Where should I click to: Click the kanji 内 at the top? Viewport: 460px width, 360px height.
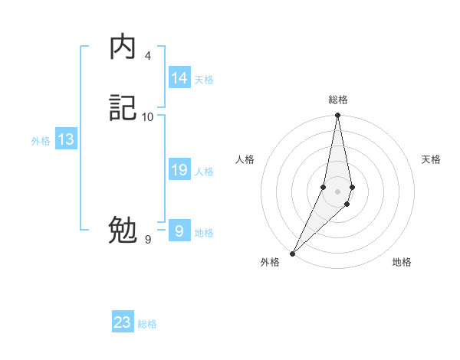(123, 47)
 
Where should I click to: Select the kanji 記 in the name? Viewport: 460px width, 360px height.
(123, 109)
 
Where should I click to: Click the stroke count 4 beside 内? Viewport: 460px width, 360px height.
(148, 56)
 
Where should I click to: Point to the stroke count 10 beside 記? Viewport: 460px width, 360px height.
(148, 116)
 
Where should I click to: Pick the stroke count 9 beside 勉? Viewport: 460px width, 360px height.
(148, 240)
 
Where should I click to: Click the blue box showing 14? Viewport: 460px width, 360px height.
(179, 78)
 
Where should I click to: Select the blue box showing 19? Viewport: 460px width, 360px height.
(179, 170)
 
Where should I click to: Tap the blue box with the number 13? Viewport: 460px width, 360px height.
(66, 139)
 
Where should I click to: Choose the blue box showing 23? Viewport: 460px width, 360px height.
(123, 322)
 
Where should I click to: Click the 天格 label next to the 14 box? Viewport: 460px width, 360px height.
(204, 80)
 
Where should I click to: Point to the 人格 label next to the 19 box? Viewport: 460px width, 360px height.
(204, 172)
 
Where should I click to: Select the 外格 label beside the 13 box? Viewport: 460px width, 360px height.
(41, 141)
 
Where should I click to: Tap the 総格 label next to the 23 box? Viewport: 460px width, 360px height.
(147, 324)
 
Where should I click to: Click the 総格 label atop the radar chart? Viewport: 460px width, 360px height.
(338, 100)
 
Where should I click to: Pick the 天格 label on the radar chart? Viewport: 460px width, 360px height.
(431, 159)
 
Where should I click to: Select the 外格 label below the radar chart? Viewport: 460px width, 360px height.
(270, 263)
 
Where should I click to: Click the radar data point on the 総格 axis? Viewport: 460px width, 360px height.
(337, 116)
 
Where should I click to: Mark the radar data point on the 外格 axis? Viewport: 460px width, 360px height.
(292, 254)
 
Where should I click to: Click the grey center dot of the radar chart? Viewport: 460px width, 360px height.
(337, 191)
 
